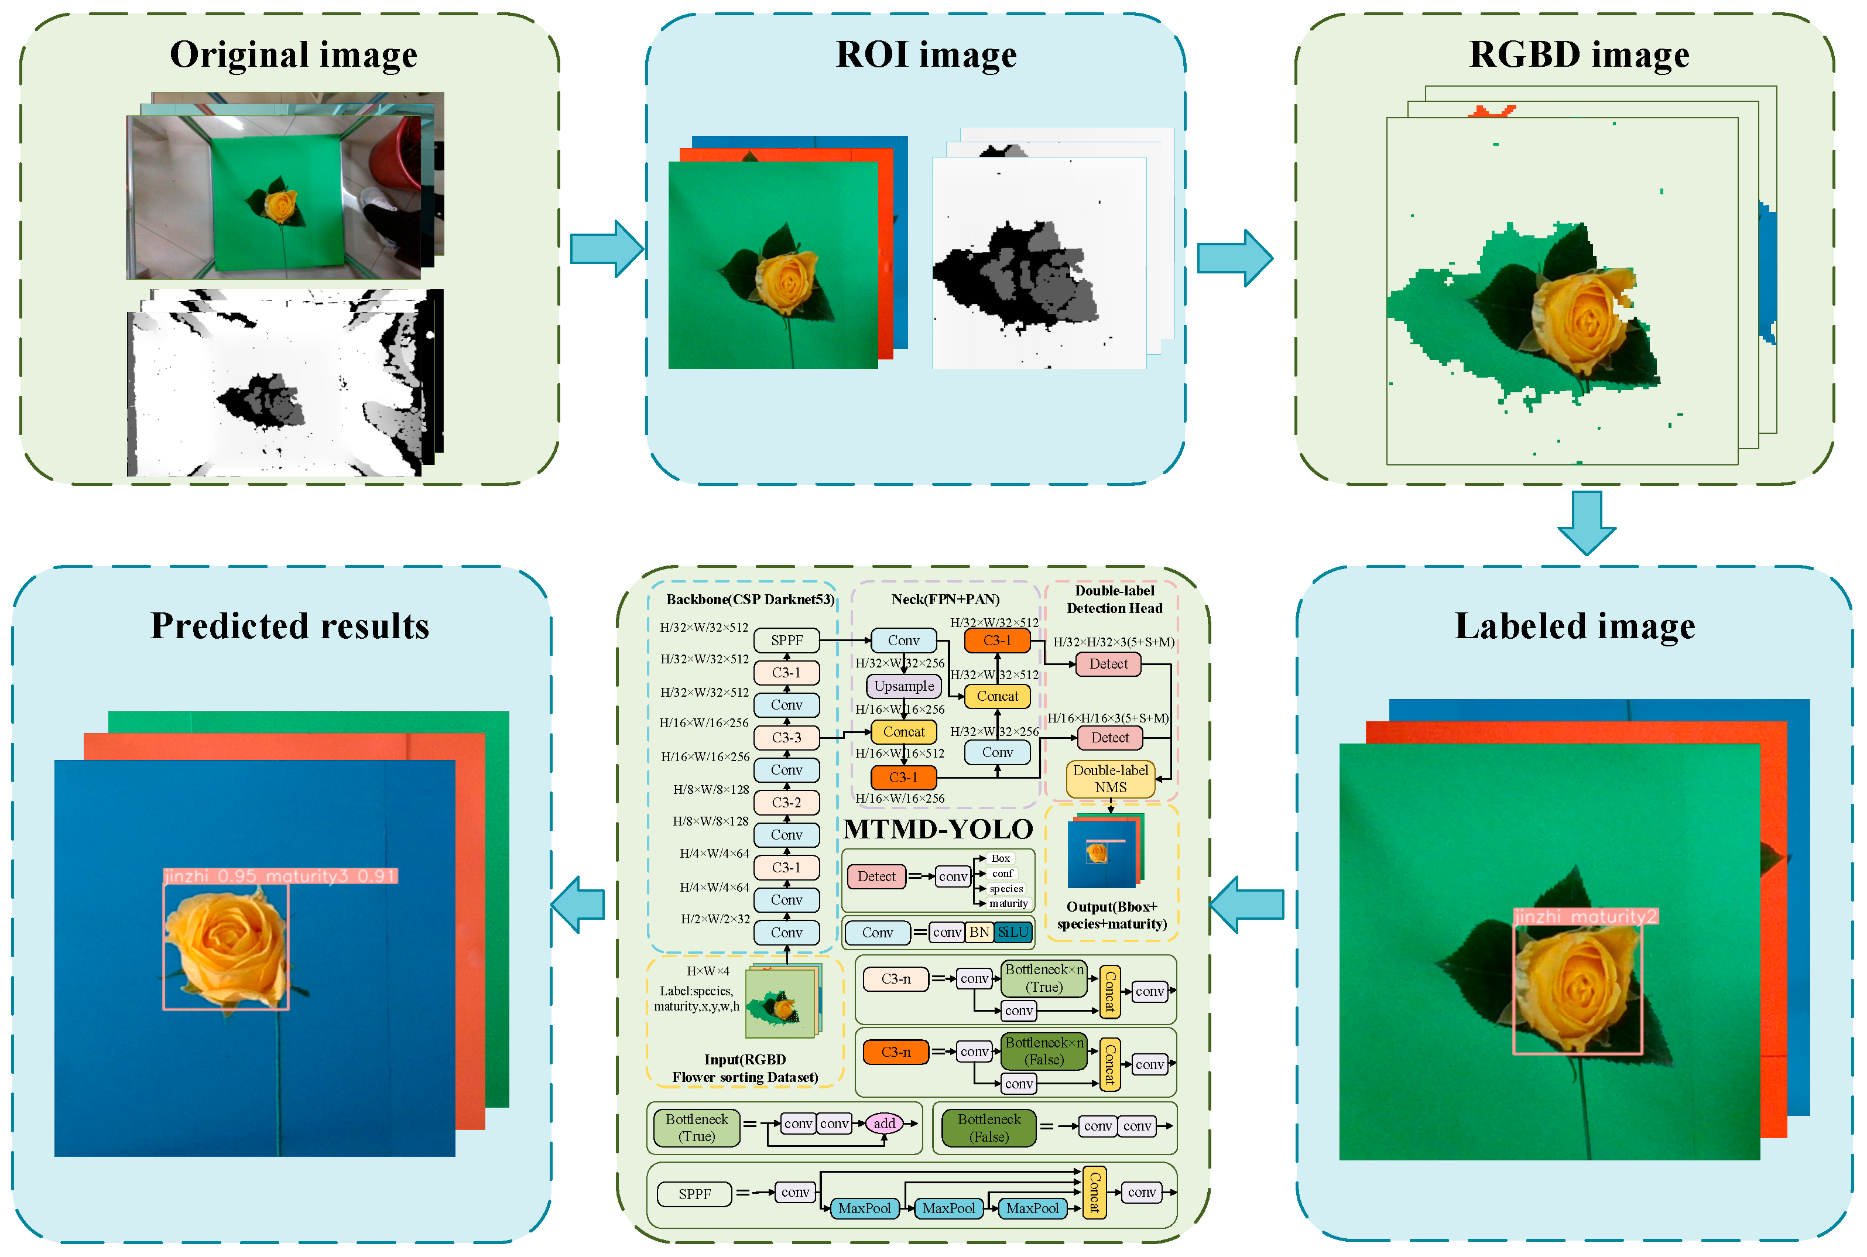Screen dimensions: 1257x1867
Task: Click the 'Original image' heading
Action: click(293, 55)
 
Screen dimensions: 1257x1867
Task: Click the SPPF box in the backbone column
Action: click(786, 640)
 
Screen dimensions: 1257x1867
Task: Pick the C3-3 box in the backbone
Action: click(786, 737)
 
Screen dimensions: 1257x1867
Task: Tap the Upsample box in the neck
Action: click(903, 686)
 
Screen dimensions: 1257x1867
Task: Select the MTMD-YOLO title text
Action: click(938, 829)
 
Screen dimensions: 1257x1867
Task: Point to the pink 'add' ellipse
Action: click(884, 1123)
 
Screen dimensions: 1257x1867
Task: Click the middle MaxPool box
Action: click(948, 1208)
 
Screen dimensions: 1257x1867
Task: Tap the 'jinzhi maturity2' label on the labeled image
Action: click(1585, 916)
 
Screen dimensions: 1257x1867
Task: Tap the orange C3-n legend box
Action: click(895, 1051)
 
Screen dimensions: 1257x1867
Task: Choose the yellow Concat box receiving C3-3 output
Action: click(903, 731)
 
